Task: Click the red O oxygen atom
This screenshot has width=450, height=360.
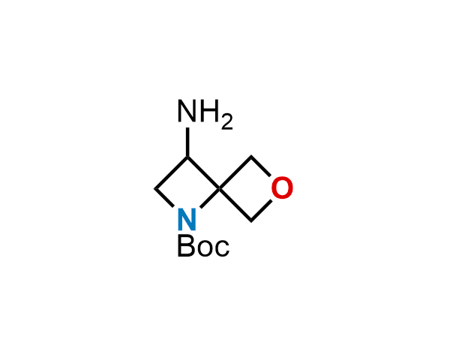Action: [282, 187]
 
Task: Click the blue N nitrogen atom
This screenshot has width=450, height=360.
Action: [187, 219]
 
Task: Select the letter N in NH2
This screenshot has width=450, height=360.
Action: [187, 110]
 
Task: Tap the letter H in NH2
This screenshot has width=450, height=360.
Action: [209, 110]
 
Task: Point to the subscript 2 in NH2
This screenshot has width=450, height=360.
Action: [226, 121]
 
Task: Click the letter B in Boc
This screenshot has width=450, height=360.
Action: [187, 245]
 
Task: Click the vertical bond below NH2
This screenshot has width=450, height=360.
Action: [187, 142]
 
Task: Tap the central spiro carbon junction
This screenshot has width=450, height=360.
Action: [220, 188]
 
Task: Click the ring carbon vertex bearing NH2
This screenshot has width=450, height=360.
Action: [187, 157]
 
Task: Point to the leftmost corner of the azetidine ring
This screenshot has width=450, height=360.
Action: [155, 188]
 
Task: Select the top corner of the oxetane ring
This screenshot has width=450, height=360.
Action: [251, 157]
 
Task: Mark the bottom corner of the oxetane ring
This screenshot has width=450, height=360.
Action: [251, 220]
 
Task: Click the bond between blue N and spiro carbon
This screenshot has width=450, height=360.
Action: [210, 198]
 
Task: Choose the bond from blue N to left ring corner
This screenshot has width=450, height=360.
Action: [164, 198]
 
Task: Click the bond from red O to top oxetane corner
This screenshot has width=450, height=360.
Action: [260, 166]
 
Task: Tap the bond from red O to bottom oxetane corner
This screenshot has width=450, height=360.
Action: [261, 211]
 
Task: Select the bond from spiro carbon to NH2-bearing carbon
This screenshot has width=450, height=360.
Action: [203, 172]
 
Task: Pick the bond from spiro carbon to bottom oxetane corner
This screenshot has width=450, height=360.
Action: [235, 205]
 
